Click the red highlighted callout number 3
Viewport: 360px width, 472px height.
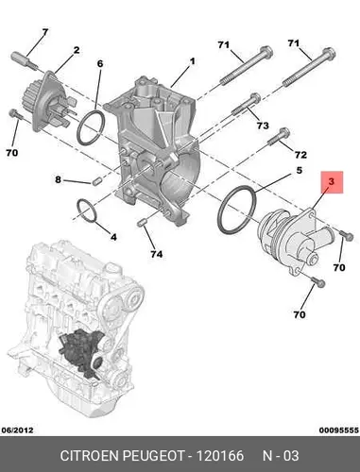331,181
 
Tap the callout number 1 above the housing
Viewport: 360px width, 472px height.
192,61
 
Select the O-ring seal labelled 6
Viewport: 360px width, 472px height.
91,127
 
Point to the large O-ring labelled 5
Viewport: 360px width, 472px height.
236,210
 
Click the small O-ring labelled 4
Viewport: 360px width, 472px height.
86,211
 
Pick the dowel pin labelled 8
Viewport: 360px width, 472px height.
96,181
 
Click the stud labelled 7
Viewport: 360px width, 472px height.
25,59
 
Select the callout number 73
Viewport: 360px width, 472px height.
263,126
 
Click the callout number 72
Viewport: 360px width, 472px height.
300,155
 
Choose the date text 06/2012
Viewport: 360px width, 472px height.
18,430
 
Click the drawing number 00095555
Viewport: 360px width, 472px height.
339,430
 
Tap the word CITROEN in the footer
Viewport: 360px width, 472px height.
90,456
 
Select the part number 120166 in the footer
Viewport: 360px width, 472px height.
220,456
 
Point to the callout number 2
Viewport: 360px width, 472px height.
77,50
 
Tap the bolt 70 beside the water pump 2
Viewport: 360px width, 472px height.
15,115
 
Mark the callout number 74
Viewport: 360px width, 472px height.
156,254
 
